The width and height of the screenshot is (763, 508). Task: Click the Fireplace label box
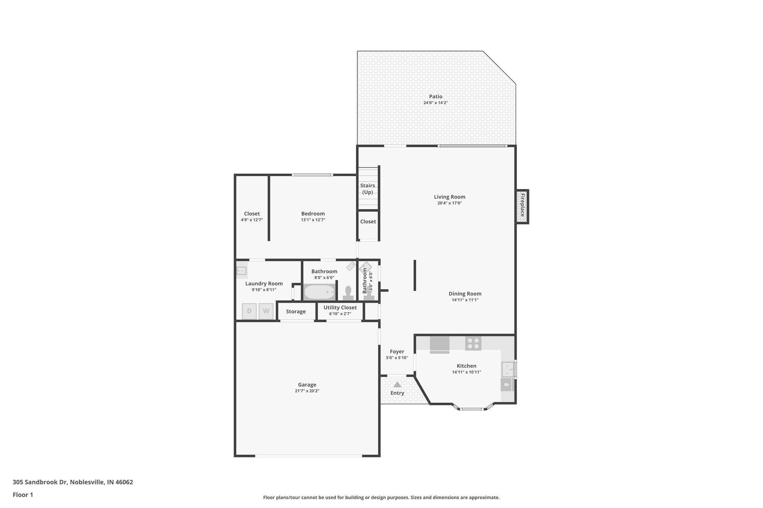click(522, 207)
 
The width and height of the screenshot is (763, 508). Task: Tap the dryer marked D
click(249, 311)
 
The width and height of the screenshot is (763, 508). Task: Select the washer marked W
click(266, 311)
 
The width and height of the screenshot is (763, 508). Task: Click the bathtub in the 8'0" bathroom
click(320, 292)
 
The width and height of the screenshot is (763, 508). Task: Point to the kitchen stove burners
click(473, 343)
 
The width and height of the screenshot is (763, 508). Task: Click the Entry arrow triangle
click(397, 384)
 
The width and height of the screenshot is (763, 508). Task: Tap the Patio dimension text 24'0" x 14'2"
click(435, 103)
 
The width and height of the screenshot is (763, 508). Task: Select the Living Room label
click(449, 197)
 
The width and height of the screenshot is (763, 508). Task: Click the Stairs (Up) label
click(367, 189)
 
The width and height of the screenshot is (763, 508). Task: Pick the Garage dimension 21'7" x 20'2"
click(307, 391)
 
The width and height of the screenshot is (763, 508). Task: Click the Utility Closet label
click(340, 307)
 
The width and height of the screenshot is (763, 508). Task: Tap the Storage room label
click(296, 311)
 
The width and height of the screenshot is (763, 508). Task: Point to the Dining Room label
click(465, 294)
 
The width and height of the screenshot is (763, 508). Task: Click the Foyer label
click(397, 351)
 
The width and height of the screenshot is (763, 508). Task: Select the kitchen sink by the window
click(507, 370)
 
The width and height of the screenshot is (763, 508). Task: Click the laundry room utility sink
click(241, 271)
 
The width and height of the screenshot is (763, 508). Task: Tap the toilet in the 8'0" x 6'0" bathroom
click(348, 293)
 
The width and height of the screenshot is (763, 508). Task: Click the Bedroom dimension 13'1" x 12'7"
click(313, 220)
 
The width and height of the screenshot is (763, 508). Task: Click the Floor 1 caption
click(23, 495)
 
